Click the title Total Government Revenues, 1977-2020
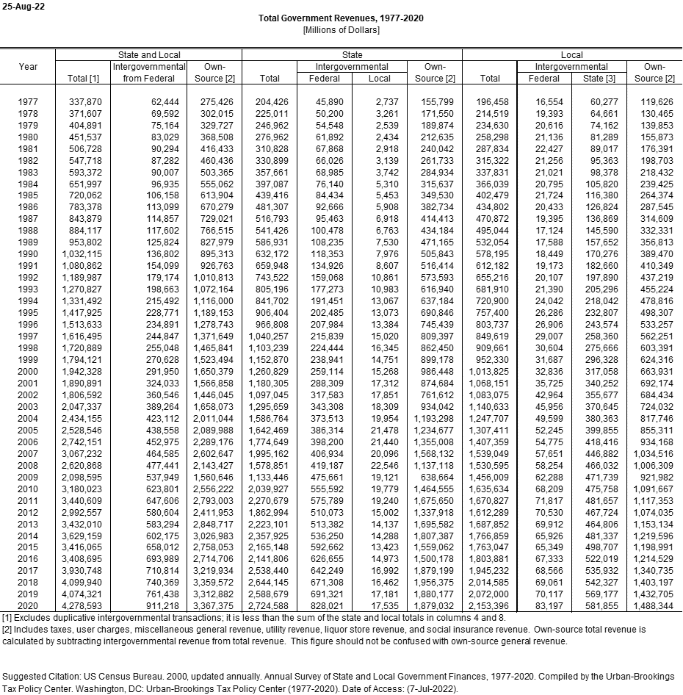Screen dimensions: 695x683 [341, 18]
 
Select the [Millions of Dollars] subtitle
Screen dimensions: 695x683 [341, 29]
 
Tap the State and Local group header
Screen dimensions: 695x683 [148, 55]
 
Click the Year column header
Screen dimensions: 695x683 [28, 67]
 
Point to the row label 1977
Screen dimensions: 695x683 [28, 101]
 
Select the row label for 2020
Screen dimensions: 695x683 [28, 606]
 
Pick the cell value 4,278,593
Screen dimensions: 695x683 [80, 606]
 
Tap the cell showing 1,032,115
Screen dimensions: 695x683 [80, 254]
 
